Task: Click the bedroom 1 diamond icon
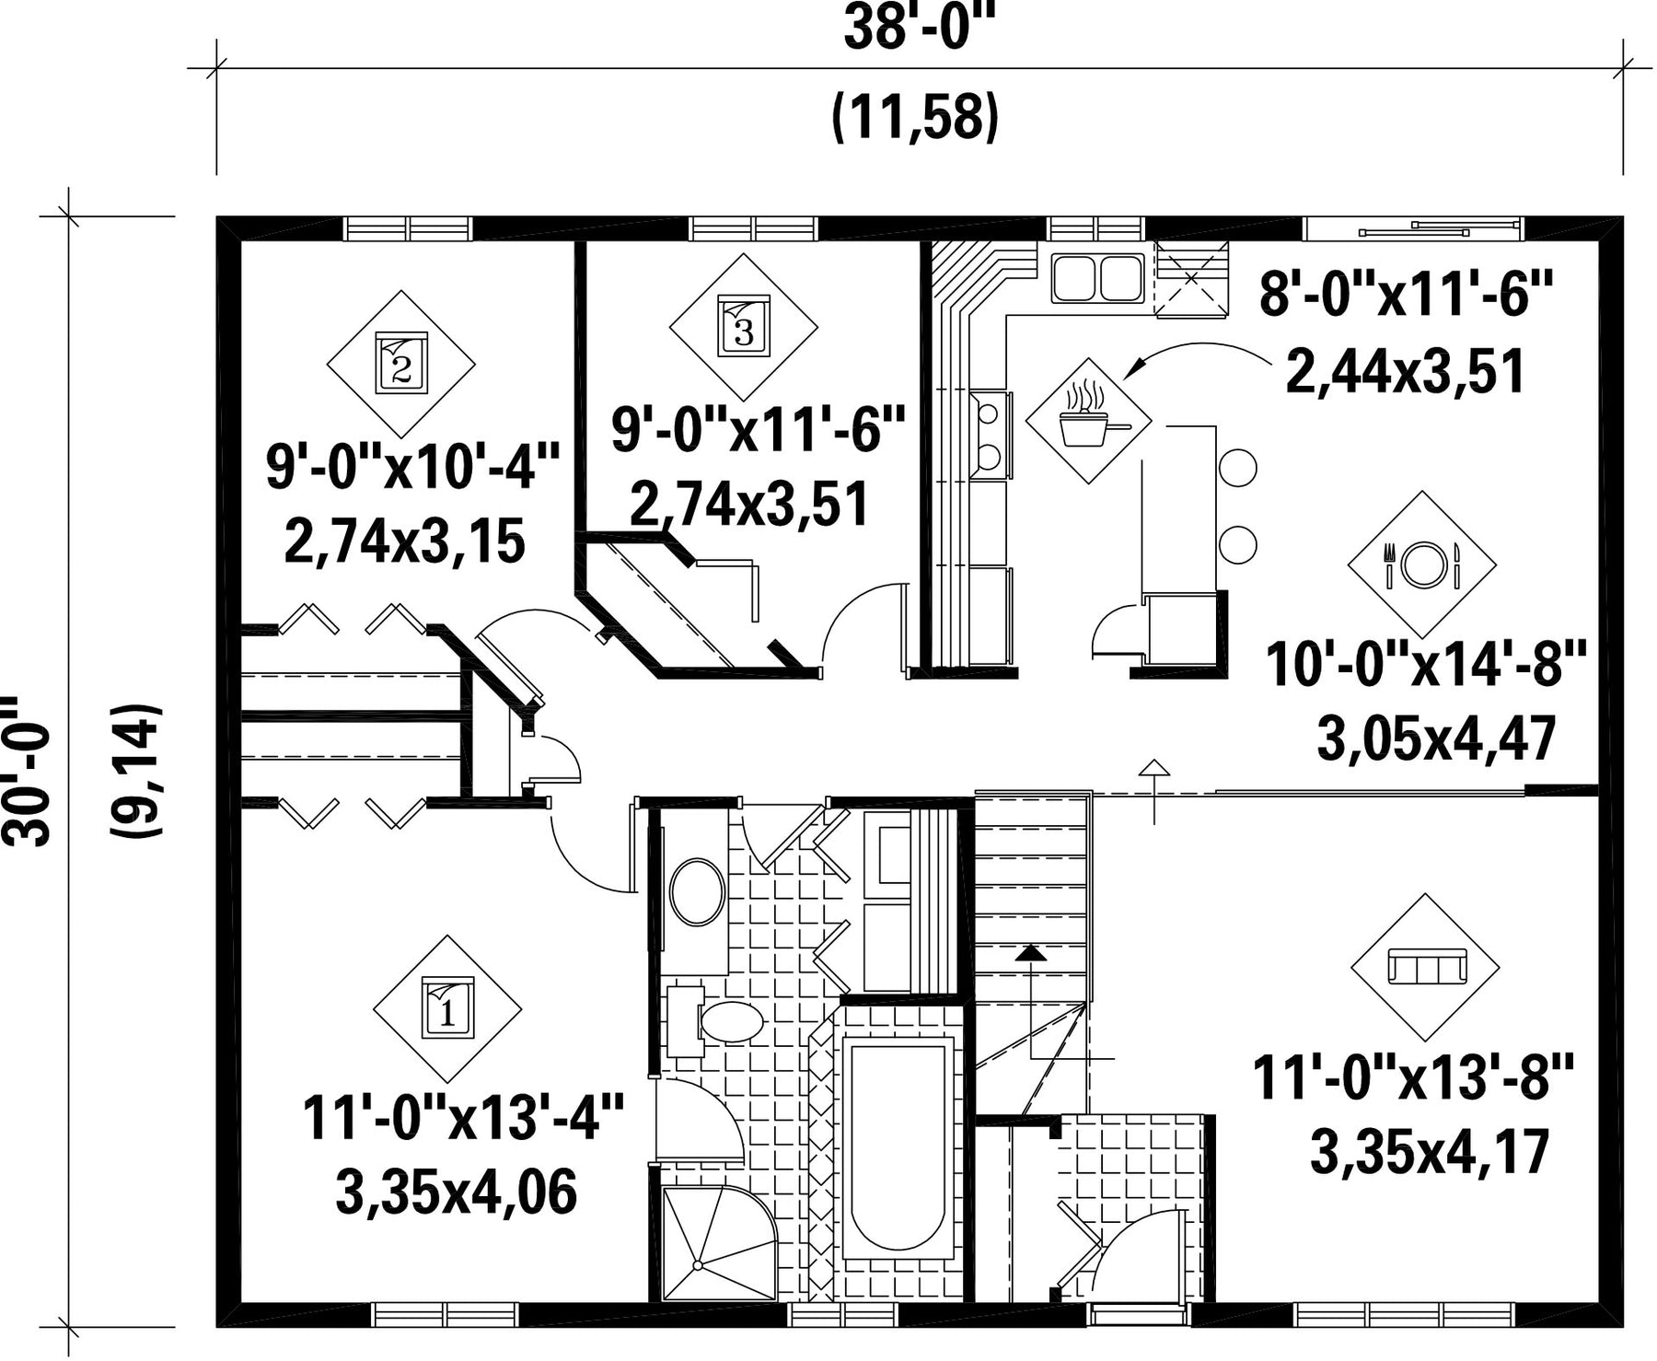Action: point(447,1008)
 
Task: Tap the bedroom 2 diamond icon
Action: point(401,364)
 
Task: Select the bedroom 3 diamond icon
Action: point(743,327)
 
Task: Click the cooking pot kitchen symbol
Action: point(1089,420)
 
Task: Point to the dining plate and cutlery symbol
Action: point(1422,564)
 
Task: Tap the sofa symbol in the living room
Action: point(1425,968)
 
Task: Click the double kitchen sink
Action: point(1095,277)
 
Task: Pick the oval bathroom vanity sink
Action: point(697,891)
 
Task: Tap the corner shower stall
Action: point(718,1243)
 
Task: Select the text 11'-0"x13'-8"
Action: point(1414,1078)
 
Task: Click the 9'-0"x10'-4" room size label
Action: point(413,467)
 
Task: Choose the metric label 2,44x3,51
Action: point(1406,372)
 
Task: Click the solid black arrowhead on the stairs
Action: point(1031,953)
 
